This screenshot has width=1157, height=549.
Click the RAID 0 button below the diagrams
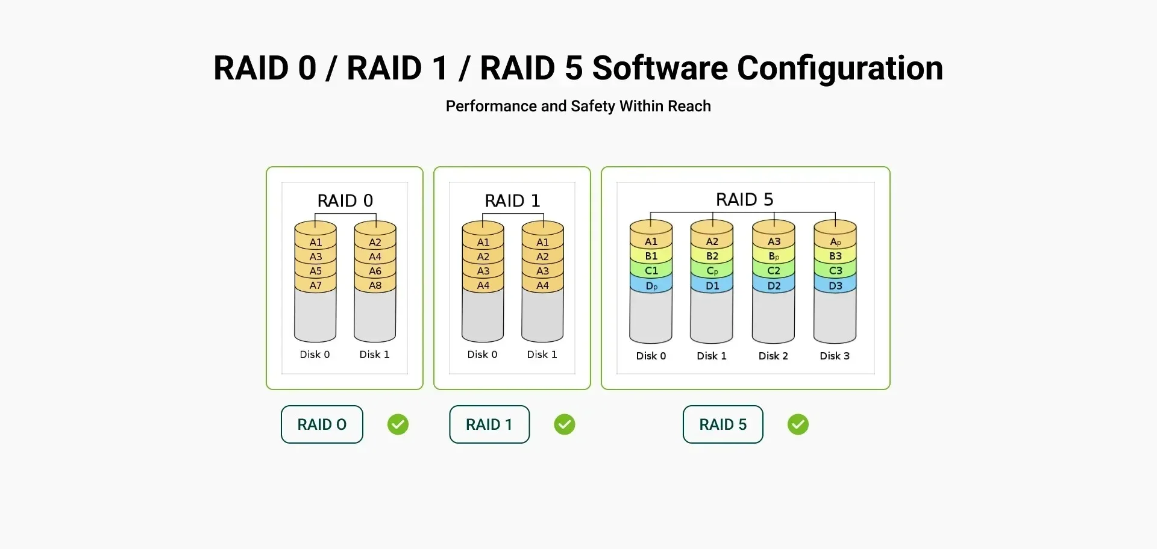pos(322,424)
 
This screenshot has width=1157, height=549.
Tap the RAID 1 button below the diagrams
pos(489,424)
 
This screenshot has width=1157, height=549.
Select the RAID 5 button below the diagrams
pos(723,424)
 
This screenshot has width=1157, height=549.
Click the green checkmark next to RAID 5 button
pos(798,424)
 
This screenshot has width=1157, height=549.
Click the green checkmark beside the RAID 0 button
pos(398,424)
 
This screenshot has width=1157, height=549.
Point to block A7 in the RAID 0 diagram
pos(315,285)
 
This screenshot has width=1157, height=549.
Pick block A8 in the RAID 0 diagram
pos(375,285)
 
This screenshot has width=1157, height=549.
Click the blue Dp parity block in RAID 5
pos(651,286)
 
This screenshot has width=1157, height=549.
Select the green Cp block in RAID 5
pos(712,271)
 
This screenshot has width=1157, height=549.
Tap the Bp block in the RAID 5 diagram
pos(774,256)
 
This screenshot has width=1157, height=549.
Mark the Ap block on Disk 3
pos(835,241)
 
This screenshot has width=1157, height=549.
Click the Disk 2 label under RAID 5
pos(773,356)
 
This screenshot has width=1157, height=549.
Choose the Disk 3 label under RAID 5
pos(835,356)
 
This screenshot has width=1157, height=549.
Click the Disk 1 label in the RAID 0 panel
pos(374,355)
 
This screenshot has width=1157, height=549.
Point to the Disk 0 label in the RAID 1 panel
pos(482,355)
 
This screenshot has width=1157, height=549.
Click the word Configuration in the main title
pos(839,68)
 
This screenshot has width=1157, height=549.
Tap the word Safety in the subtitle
pos(593,107)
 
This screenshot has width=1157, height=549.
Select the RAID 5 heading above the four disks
pos(744,199)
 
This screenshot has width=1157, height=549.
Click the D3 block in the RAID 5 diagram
pos(835,286)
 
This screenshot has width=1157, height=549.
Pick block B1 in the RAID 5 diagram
pos(651,256)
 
